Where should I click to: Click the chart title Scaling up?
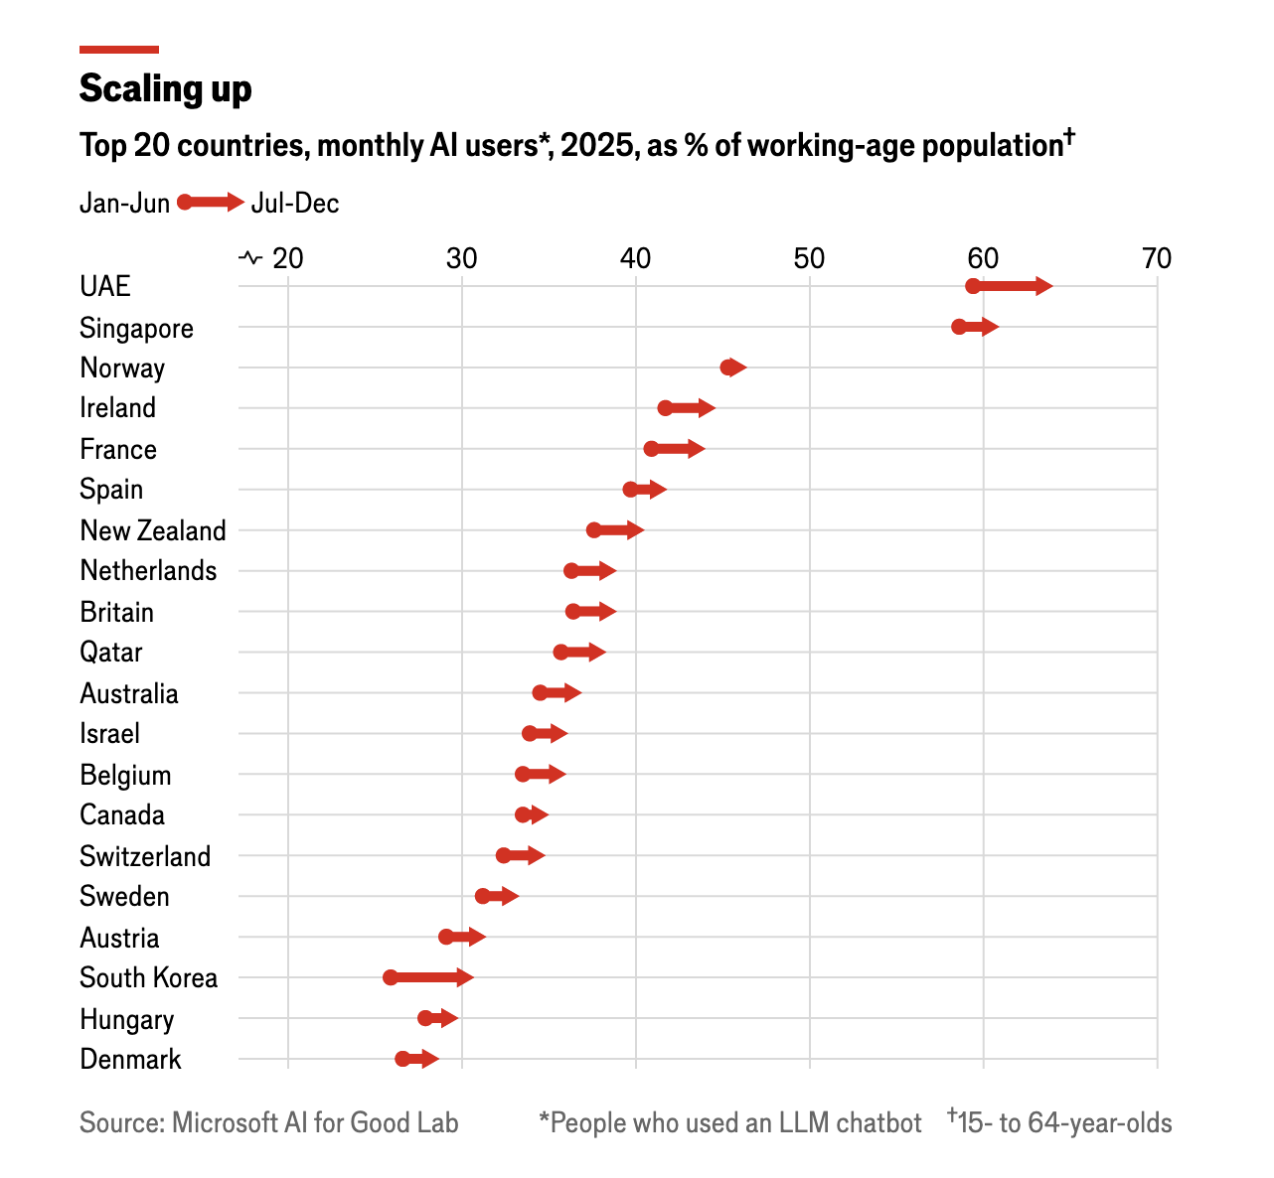[165, 88]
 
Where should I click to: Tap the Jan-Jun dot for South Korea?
[391, 977]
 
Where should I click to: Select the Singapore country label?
[136, 328]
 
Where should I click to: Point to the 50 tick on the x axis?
[809, 259]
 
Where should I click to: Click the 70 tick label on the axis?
[1157, 259]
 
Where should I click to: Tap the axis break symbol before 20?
[250, 259]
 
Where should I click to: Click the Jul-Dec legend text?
[295, 204]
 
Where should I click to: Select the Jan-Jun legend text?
[124, 204]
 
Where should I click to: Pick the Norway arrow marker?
[734, 368]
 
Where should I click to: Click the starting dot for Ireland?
[665, 408]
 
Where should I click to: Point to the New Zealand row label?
[153, 530]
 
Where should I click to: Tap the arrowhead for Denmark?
[430, 1059]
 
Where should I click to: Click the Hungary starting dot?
[425, 1018]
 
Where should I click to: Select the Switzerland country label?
[145, 856]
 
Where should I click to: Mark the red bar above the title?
[119, 49]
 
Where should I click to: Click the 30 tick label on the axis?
[461, 259]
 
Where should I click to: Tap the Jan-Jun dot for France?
[651, 449]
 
